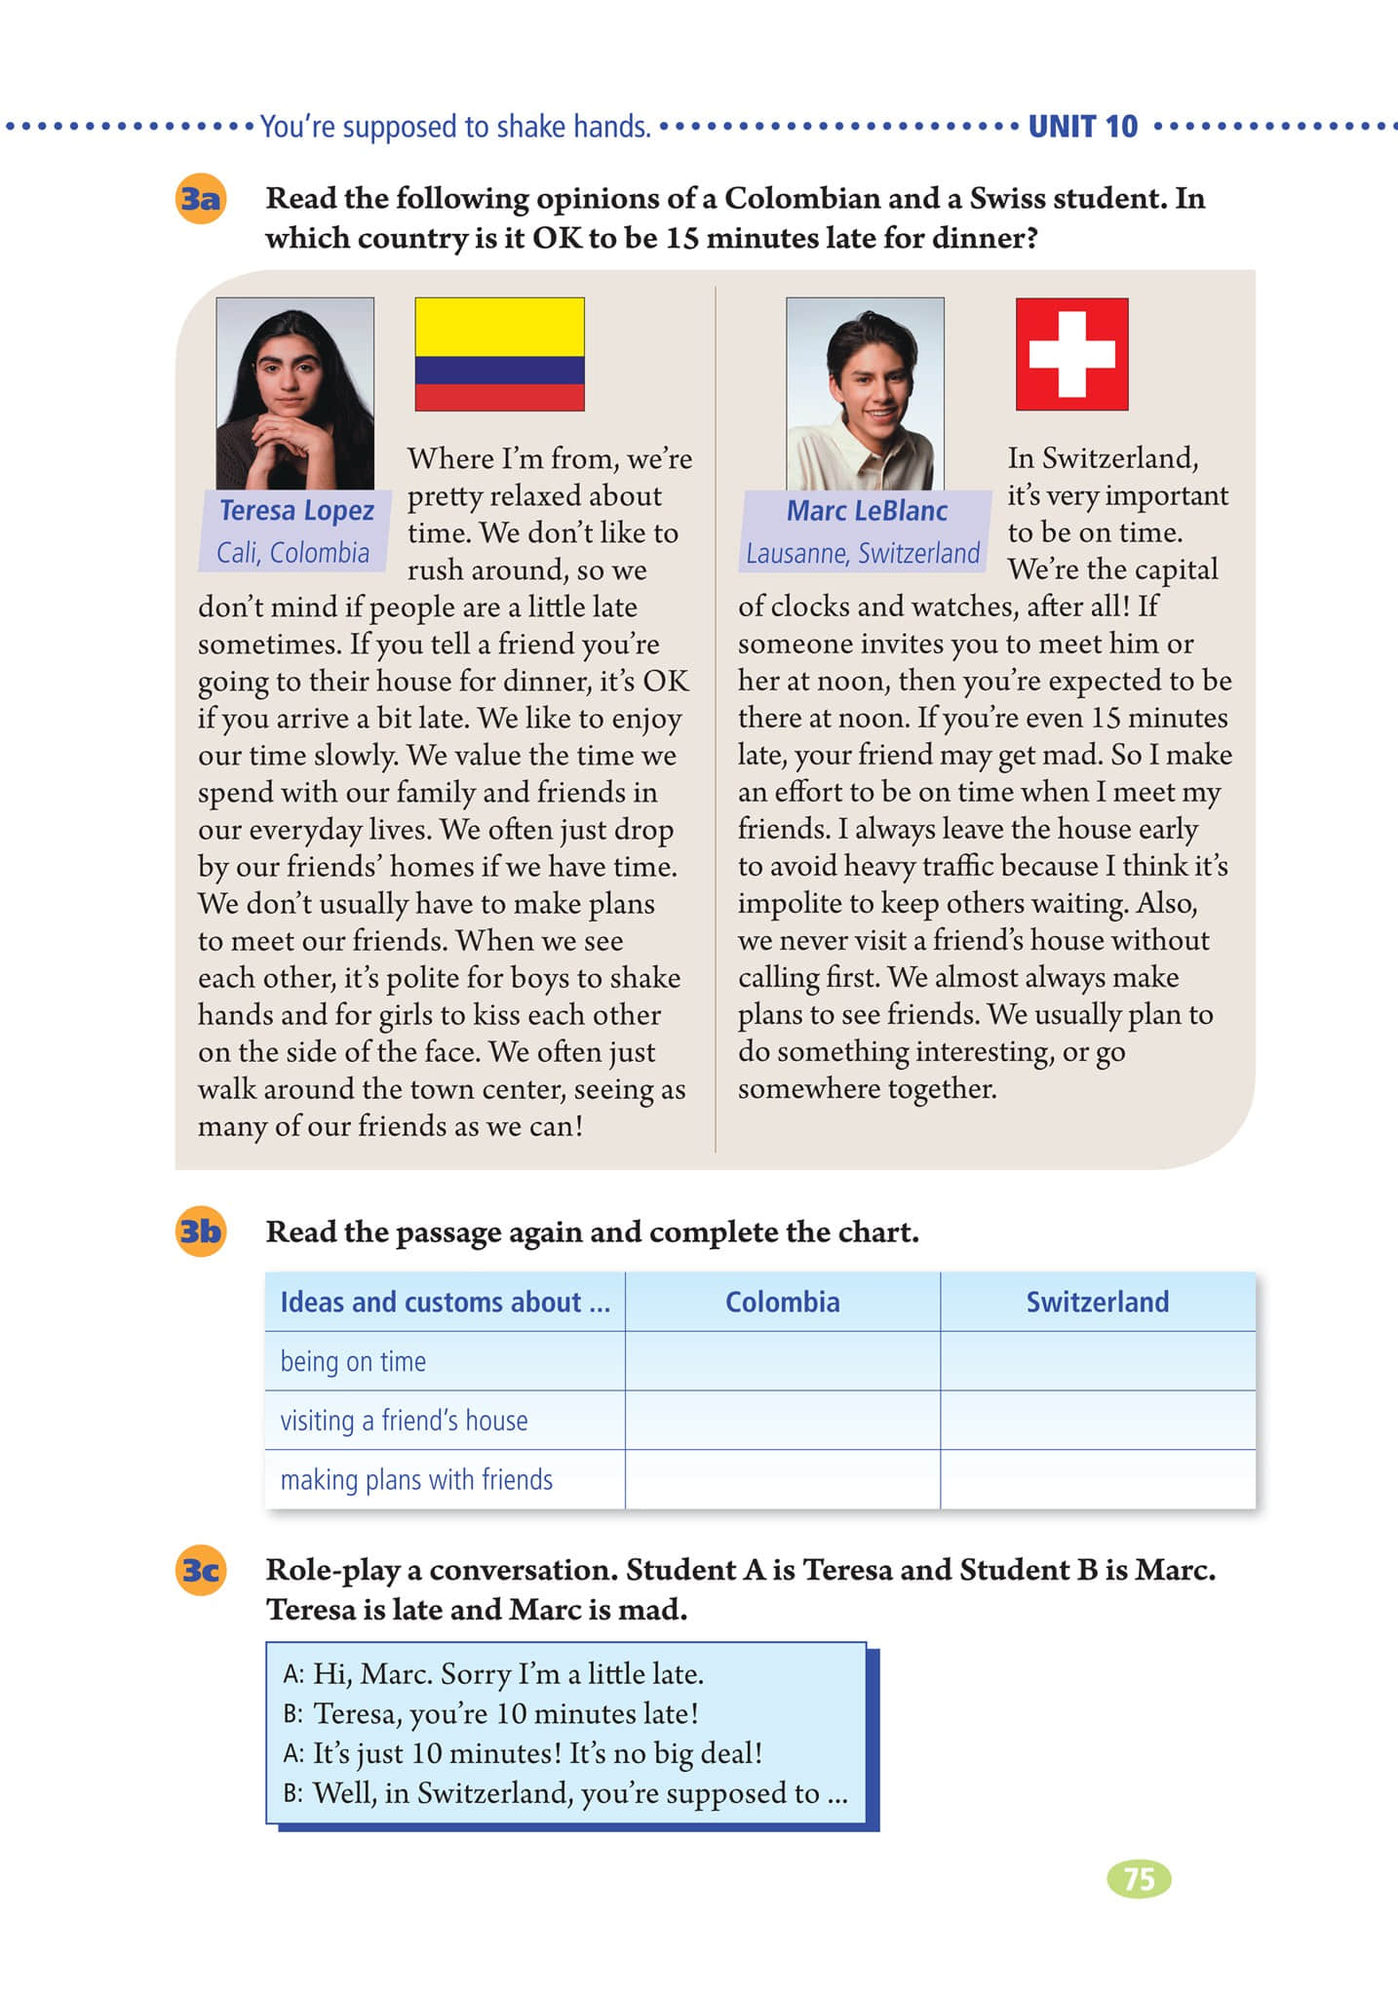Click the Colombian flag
pos(499,354)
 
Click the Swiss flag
pos(1071,354)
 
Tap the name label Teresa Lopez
pos(296,510)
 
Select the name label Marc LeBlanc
pos(867,510)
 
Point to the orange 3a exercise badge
pos(201,199)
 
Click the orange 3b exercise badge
pos(201,1232)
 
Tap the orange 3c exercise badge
pos(201,1570)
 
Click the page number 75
pos(1139,1879)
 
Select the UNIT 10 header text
pos(1083,127)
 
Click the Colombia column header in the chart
pos(782,1302)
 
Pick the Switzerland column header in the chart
pos(1097,1302)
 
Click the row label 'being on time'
pos(353,1361)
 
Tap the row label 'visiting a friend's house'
pos(404,1421)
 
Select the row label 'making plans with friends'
pos(416,1480)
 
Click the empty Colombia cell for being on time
pos(782,1361)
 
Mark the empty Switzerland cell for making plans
pos(1097,1480)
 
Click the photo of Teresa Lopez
pos(294,393)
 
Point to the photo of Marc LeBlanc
pos(865,393)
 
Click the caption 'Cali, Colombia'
pos(292,553)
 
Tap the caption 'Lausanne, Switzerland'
pos(863,553)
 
